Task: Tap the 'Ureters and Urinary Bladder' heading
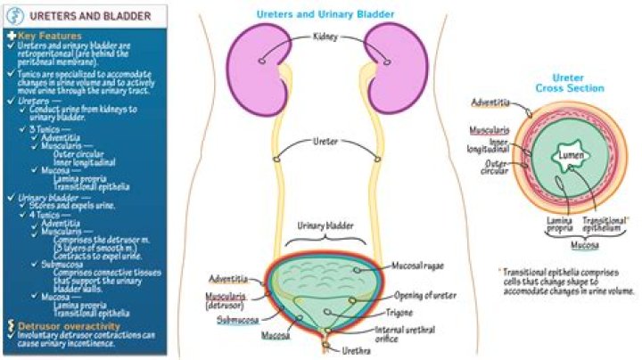click(325, 13)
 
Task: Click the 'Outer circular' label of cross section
click(497, 168)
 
